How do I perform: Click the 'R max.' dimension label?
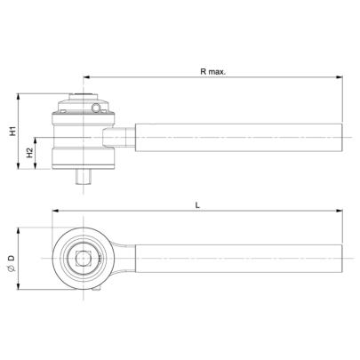[212, 68]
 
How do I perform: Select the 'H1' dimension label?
[12, 132]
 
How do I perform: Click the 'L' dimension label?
[196, 204]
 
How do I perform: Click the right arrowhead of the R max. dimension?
[340, 76]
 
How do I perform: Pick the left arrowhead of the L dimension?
[56, 212]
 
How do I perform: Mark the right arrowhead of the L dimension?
[340, 212]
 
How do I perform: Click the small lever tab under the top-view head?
[95, 290]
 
